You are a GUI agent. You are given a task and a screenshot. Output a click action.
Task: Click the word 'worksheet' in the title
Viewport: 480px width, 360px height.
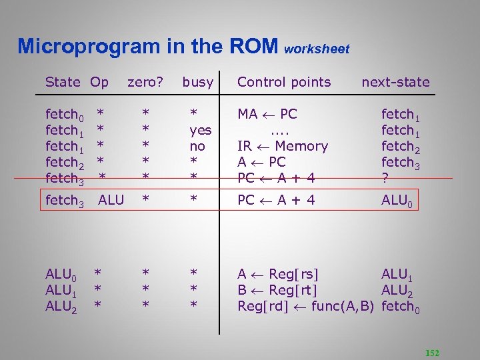pyautogui.click(x=317, y=49)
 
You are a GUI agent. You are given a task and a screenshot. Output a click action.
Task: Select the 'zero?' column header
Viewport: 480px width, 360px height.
pyautogui.click(x=145, y=82)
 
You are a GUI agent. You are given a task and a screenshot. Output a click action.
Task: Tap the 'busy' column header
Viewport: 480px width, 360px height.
pyautogui.click(x=198, y=82)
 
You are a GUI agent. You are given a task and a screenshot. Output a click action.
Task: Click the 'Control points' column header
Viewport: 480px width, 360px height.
pyautogui.click(x=284, y=82)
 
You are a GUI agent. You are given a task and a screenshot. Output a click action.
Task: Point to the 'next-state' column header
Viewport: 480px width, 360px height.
pyautogui.click(x=395, y=82)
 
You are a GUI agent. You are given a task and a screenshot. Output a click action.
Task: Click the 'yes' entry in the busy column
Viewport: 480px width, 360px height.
pyautogui.click(x=200, y=130)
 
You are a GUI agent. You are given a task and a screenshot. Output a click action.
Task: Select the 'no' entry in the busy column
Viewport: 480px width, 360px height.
pyautogui.click(x=197, y=146)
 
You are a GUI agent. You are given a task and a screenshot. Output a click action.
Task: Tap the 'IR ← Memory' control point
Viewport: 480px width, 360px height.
pyautogui.click(x=283, y=146)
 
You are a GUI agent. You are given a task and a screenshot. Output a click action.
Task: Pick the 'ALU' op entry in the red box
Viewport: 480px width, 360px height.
pyautogui.click(x=111, y=199)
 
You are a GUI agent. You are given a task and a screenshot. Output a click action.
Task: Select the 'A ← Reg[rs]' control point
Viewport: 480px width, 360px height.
pyautogui.click(x=278, y=273)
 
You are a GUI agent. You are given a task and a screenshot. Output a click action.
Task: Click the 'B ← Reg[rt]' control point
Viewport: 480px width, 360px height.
pyautogui.click(x=277, y=289)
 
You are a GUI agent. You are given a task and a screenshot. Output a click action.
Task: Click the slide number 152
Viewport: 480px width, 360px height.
pyautogui.click(x=432, y=353)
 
